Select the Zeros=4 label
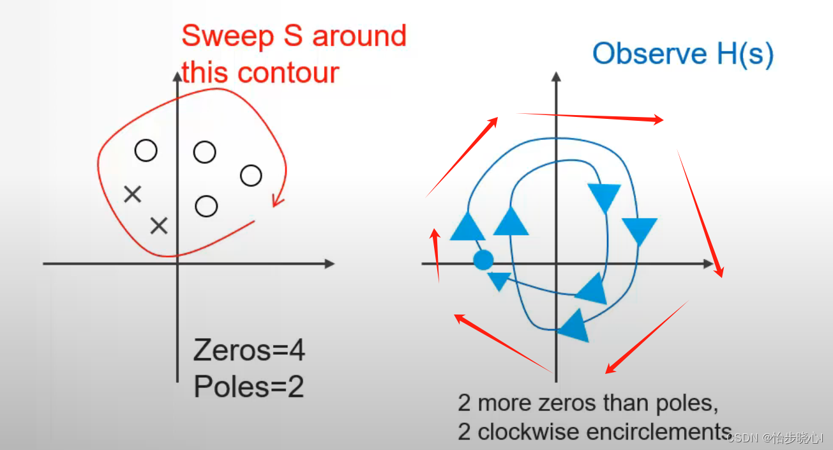click(x=249, y=351)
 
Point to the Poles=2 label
click(x=248, y=387)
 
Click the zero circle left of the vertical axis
click(x=146, y=151)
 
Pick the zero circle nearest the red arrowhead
click(x=251, y=175)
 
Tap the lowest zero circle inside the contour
click(x=206, y=206)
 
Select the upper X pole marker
click(x=132, y=194)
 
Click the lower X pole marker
click(x=158, y=225)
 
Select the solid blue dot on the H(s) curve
click(x=483, y=260)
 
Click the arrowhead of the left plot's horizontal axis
click(x=329, y=263)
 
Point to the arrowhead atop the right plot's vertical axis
click(x=556, y=76)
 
